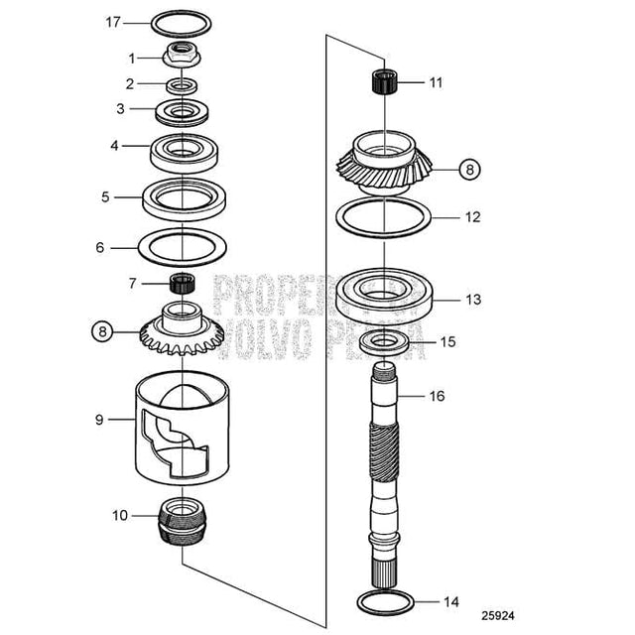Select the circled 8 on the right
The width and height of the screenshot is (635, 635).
point(469,170)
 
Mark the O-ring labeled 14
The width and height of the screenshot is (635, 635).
point(383,601)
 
